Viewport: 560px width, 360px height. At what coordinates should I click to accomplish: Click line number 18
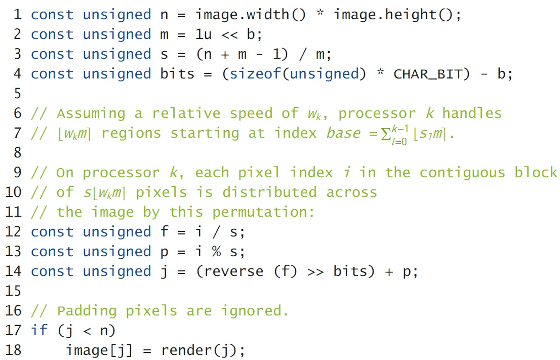(16, 350)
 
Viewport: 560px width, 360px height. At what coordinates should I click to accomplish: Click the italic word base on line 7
(343, 133)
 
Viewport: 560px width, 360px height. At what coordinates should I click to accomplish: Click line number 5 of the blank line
(17, 94)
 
